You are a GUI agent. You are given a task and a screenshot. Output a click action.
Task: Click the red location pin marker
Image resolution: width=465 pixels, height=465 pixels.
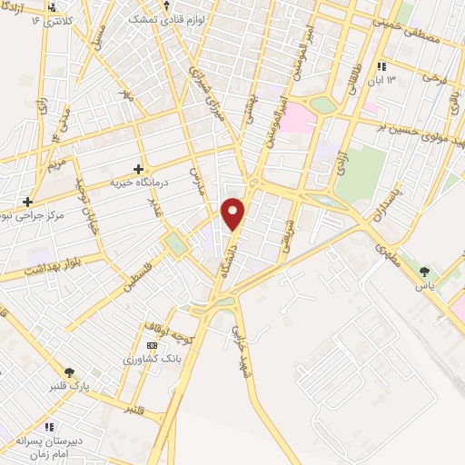[233, 213]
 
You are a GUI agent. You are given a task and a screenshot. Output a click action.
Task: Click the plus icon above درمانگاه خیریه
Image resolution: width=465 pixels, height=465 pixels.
[138, 168]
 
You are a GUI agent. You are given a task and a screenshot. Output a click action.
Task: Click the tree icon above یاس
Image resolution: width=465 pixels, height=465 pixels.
[424, 270]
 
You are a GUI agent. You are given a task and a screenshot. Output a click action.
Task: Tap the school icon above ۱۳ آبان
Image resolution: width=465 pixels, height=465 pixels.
[382, 66]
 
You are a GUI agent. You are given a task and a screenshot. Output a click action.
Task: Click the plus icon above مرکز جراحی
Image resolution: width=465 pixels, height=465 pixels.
[29, 202]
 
